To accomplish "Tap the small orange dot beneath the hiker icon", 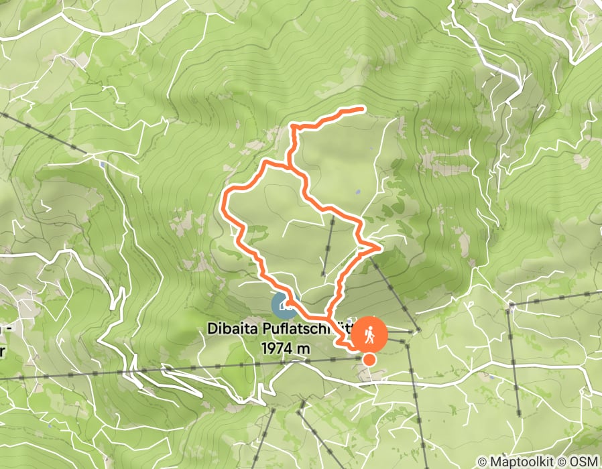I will tap(369, 360).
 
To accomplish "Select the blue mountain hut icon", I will tap(284, 305).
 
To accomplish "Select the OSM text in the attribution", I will tap(584, 462).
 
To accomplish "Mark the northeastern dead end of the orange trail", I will tap(363, 108).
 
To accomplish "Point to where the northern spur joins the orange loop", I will tap(288, 165).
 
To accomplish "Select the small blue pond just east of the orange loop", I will tap(358, 192).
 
